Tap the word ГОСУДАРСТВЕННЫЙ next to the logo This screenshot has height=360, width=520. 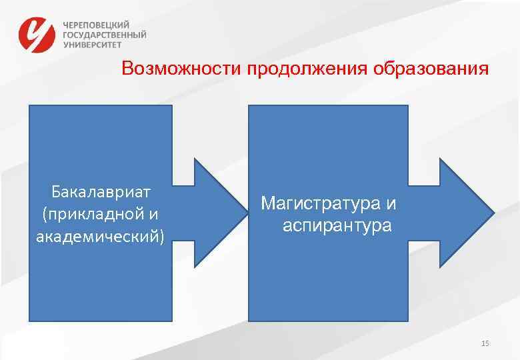tap(105, 35)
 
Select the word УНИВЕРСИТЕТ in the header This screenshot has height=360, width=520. tap(93, 45)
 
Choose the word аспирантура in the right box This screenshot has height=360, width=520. tap(337, 225)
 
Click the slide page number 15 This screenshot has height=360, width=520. tap(485, 343)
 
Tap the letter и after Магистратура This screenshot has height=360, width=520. tap(391, 202)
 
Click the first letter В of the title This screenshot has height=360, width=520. tap(127, 69)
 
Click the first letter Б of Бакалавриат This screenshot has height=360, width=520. tap(56, 192)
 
